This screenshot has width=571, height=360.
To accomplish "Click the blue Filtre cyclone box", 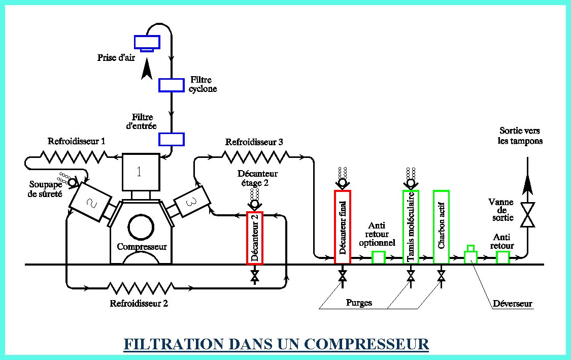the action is (x=171, y=85).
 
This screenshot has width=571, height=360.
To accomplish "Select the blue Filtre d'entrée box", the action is (x=171, y=139).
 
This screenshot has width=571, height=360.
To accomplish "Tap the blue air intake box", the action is (x=147, y=43).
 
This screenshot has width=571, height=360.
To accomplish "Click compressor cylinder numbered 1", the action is (x=141, y=172).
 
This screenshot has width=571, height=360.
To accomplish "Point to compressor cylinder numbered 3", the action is (x=191, y=201).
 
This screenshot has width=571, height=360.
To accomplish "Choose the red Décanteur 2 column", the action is (x=255, y=238).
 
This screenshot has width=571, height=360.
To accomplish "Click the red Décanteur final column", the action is (x=342, y=226).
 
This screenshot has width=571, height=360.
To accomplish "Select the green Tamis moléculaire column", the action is (x=411, y=226).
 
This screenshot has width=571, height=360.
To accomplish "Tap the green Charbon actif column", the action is (x=442, y=226).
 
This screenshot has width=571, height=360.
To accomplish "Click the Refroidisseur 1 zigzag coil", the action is (x=74, y=157).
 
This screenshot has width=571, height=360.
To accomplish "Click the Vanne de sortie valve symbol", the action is (x=527, y=215).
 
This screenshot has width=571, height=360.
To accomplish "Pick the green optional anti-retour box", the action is (x=379, y=257).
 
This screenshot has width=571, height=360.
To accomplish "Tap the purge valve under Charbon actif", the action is (x=442, y=276).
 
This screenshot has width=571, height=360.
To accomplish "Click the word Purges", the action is (x=359, y=303).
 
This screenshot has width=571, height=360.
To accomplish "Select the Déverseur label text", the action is (x=512, y=304).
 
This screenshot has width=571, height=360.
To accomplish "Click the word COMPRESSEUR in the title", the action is (x=366, y=344).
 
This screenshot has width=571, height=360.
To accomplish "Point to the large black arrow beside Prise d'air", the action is (x=147, y=69).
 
